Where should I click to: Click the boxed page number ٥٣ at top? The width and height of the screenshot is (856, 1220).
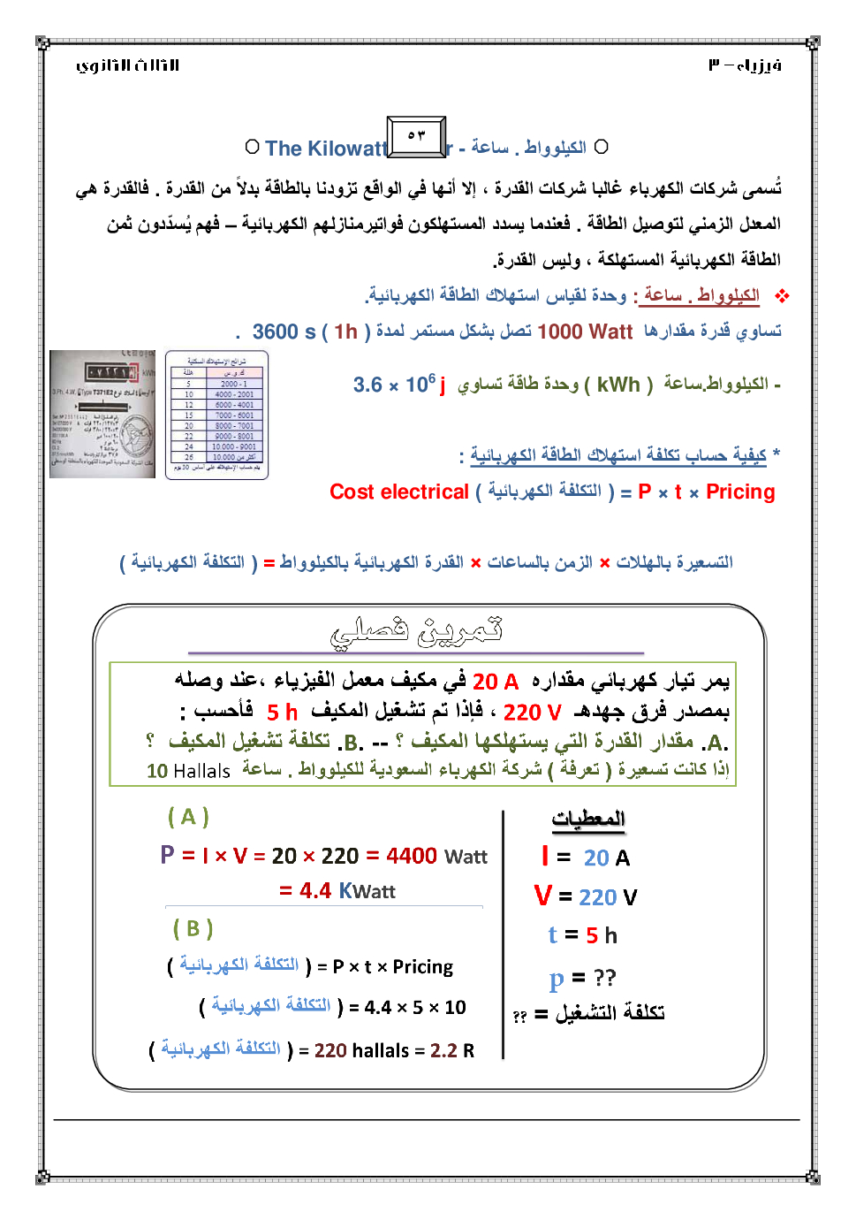(416, 136)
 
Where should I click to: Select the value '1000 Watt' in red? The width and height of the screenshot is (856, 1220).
(585, 332)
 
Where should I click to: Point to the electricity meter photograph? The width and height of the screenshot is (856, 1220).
(102, 414)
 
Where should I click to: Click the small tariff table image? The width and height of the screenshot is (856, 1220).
(216, 414)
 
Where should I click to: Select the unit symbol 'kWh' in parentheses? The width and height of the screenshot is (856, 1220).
(618, 385)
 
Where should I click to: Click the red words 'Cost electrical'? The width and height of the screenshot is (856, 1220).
(399, 492)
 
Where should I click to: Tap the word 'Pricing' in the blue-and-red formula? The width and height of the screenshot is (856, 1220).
(740, 492)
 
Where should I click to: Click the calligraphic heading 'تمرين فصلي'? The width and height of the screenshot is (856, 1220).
(416, 629)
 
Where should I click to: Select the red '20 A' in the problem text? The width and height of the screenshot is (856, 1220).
(496, 682)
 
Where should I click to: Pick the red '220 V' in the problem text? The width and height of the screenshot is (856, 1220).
(532, 713)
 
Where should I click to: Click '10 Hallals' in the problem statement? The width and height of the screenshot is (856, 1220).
(188, 771)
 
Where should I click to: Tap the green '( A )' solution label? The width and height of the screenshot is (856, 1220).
(188, 816)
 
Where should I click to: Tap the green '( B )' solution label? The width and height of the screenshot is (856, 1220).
(193, 928)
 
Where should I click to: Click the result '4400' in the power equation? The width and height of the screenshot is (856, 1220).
(412, 856)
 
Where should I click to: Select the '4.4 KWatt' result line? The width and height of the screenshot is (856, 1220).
(337, 890)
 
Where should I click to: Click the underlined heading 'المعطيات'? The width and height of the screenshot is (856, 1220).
(588, 820)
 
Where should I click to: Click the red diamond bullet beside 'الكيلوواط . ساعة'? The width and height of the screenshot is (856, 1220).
(782, 296)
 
